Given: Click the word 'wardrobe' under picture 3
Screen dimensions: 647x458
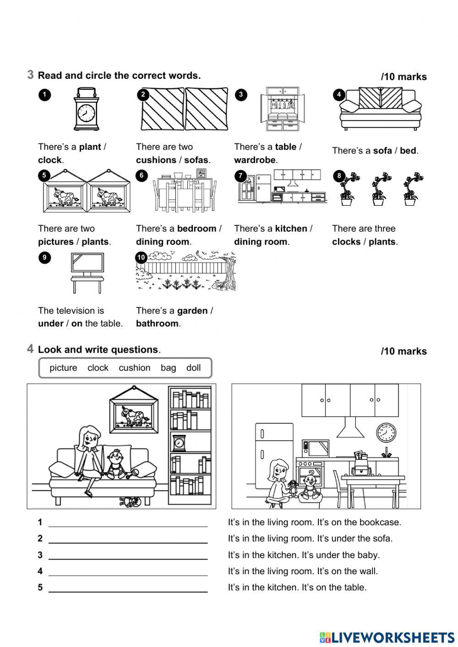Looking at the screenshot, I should click(255, 160).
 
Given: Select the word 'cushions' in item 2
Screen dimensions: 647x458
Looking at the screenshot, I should click(156, 160).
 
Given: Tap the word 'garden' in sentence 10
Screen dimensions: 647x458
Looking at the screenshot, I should click(192, 310).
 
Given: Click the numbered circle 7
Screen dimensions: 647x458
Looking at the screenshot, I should click(240, 176).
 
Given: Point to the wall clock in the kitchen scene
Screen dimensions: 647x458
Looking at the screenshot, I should click(386, 432).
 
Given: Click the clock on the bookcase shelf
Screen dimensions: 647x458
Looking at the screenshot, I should click(178, 443).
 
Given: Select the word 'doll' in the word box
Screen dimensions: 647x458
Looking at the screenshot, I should click(193, 368).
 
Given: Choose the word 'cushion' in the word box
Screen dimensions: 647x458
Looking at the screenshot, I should click(134, 368).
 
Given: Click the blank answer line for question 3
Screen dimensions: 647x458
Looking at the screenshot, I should click(128, 558).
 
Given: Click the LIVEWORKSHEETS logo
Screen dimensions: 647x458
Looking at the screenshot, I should click(387, 637).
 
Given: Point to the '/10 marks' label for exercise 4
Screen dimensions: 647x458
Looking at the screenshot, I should click(403, 351).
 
